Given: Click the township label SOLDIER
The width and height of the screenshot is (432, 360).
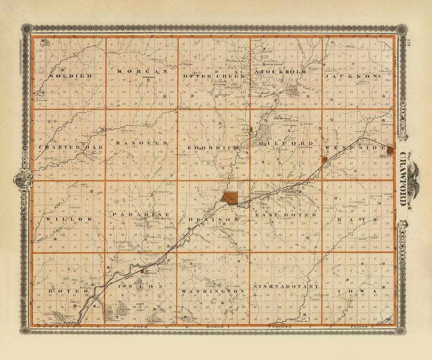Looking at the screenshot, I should pos(71,76).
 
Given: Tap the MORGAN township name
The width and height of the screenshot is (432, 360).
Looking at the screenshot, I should pos(142,72).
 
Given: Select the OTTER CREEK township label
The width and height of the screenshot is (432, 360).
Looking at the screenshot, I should pos(213,76).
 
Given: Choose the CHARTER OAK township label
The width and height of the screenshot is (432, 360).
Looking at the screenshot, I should pos(71,147).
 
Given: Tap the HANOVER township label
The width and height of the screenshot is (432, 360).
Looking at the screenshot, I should pos(142,143).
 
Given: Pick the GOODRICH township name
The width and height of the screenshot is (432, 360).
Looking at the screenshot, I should pos(213,147).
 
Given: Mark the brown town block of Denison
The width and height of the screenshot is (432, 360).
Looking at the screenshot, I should pos(230,198).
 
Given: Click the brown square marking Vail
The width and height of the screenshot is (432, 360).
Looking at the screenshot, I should pos(324,160).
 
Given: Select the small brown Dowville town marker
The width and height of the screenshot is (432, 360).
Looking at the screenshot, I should pos(142,271).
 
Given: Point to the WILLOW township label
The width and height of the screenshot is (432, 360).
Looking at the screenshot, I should pos(69,219).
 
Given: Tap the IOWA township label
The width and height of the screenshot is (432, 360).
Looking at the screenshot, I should pos(357,291).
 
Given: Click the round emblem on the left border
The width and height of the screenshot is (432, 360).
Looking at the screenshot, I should pos(23,179).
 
